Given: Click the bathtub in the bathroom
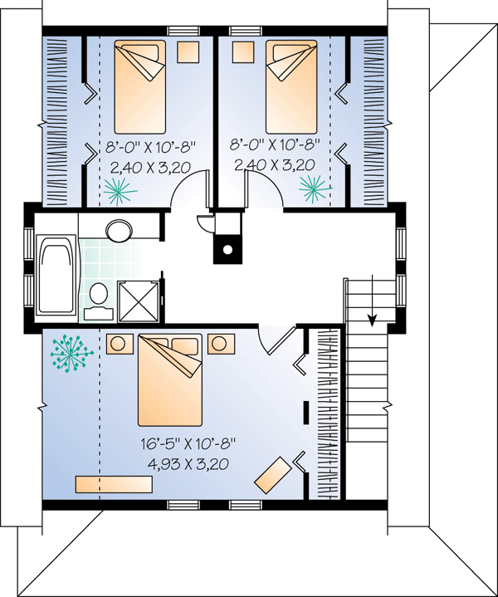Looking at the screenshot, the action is pos(57,275).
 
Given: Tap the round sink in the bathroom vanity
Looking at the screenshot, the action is pos(120,230).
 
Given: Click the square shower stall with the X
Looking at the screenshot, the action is pos(139,301).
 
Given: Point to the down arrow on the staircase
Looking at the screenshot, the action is pos(372,300).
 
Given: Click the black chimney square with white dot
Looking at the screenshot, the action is pos(227,249).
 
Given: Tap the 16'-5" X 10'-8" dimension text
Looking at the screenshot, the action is pos(188,444).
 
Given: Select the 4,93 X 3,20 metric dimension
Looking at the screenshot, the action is pos(188,464).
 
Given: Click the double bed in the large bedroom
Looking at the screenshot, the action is pos(170,379).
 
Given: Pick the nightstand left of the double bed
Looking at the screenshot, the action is pos(120,344).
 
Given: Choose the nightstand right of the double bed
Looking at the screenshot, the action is pos(221,344).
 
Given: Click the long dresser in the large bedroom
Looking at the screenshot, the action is pos(114,484).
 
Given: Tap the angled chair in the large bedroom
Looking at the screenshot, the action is pos(273,475).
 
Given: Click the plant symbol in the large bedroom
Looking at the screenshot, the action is pos(71,354).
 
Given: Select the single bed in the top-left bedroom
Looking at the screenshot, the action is pos(140,87).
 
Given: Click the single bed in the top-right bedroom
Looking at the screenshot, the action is pos(291,87).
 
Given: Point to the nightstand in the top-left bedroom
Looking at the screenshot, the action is pos(188,52).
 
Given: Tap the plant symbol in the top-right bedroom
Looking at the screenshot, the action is pos(315,188).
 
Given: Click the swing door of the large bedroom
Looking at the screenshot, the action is pos(282,340).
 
